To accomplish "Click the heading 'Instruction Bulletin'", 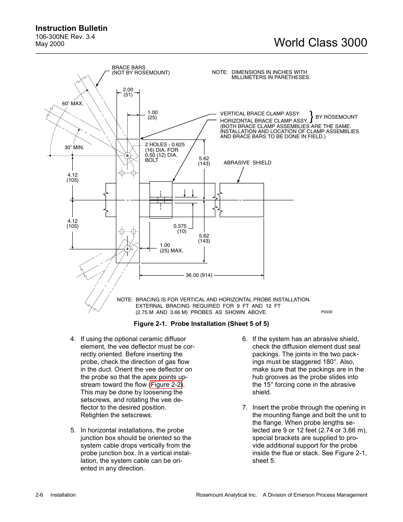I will [71, 28].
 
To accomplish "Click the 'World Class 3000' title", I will [320, 42].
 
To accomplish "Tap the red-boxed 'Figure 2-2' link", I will [166, 385].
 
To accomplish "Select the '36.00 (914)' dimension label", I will [199, 275].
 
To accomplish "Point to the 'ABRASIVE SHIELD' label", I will [247, 163].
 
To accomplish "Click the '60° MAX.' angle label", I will [73, 104].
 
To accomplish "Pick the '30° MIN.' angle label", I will [74, 148].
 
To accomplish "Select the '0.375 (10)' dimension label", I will [180, 229].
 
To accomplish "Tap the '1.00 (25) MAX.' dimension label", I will [171, 248].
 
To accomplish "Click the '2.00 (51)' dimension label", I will [128, 92].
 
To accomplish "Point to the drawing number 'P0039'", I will [326, 312].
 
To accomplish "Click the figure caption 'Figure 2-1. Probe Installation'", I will [201, 324].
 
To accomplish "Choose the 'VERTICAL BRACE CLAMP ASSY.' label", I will [260, 114].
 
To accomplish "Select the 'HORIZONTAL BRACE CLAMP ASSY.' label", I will [264, 121].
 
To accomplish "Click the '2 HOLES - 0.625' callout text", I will [165, 145].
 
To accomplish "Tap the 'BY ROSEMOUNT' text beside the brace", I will [336, 117].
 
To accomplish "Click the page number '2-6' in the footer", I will [40, 495].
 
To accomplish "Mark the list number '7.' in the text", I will [245, 407].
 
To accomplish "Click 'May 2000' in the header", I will [50, 44].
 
